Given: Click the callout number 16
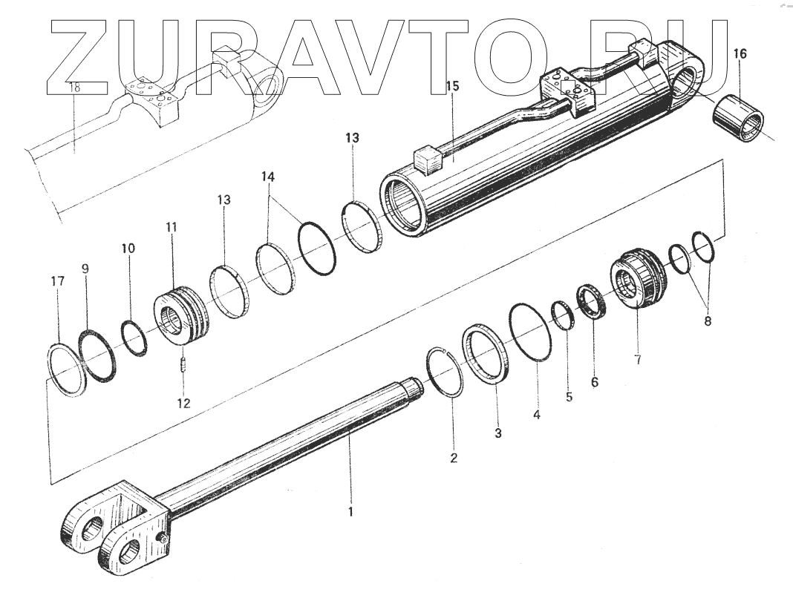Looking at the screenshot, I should coord(740,53).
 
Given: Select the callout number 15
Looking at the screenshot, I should coord(452,87).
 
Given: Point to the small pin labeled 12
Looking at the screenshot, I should coord(183,366).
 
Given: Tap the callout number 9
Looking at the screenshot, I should coord(85,269).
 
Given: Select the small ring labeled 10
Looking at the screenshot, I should coord(134,338).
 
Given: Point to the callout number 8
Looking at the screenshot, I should coord(706,321).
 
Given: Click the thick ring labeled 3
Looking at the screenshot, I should coord(486,352).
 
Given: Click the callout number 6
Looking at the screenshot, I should coord(594,382).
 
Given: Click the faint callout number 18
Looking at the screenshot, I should coord(74,87).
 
